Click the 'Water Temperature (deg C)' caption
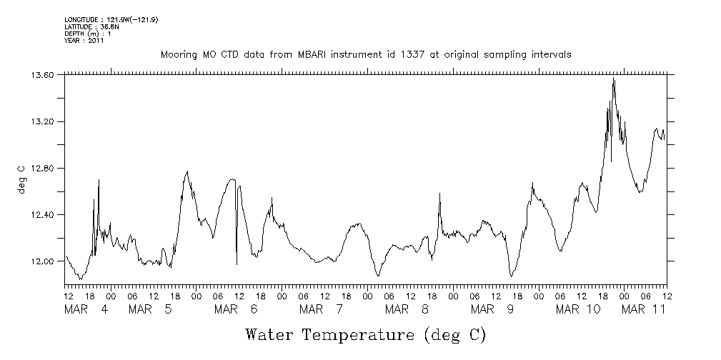point(365,334)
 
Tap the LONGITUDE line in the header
point(111,19)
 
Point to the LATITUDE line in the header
point(91,26)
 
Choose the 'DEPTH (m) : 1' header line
point(88,34)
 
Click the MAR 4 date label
point(86,309)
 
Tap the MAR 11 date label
point(644,309)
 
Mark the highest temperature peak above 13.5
point(613,78)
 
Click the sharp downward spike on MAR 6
point(237,263)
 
